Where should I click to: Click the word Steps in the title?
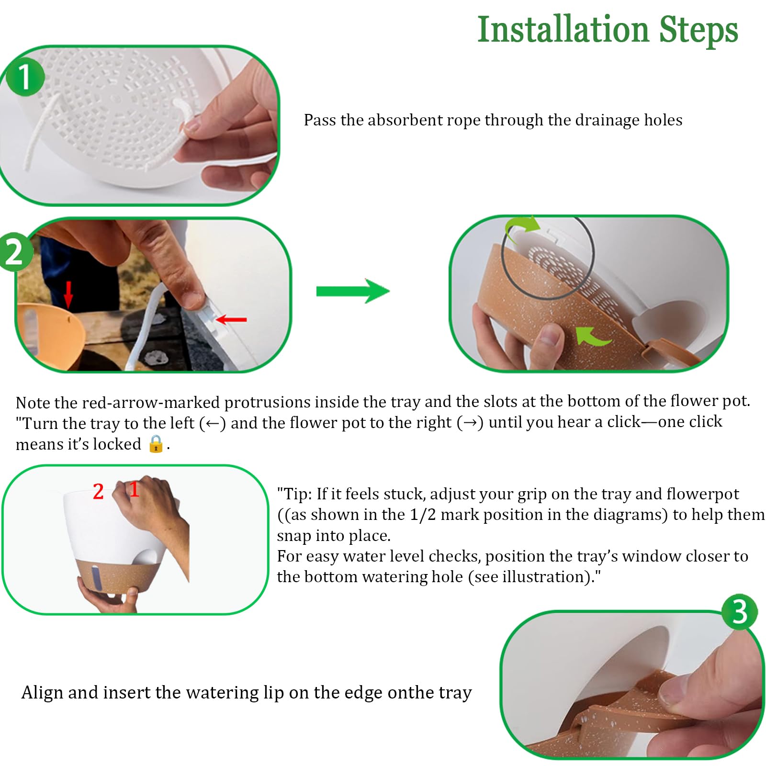point(699,30)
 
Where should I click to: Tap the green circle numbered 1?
point(25,77)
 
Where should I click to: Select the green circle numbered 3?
point(740,612)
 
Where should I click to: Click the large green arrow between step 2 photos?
point(353,291)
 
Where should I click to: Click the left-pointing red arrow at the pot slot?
point(231,319)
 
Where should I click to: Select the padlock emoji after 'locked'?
point(156,444)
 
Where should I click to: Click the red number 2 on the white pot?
point(98,491)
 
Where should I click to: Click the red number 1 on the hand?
point(134,489)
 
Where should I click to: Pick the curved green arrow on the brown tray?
point(592,336)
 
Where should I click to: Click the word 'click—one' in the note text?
point(682,422)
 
